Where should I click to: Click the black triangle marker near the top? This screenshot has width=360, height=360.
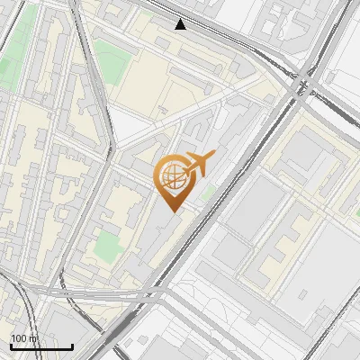[x=181, y=24]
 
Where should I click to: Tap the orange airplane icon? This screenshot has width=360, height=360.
[x=199, y=164]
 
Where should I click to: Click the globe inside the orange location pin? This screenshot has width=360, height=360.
[x=173, y=176]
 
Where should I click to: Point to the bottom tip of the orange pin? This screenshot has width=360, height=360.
[x=172, y=211]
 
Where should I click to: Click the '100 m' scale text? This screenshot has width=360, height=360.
[x=24, y=338]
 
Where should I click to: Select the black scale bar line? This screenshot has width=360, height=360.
[x=41, y=346]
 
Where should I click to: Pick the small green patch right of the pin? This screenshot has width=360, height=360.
[x=210, y=192]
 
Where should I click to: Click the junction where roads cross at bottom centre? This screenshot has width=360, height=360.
[x=162, y=292]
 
